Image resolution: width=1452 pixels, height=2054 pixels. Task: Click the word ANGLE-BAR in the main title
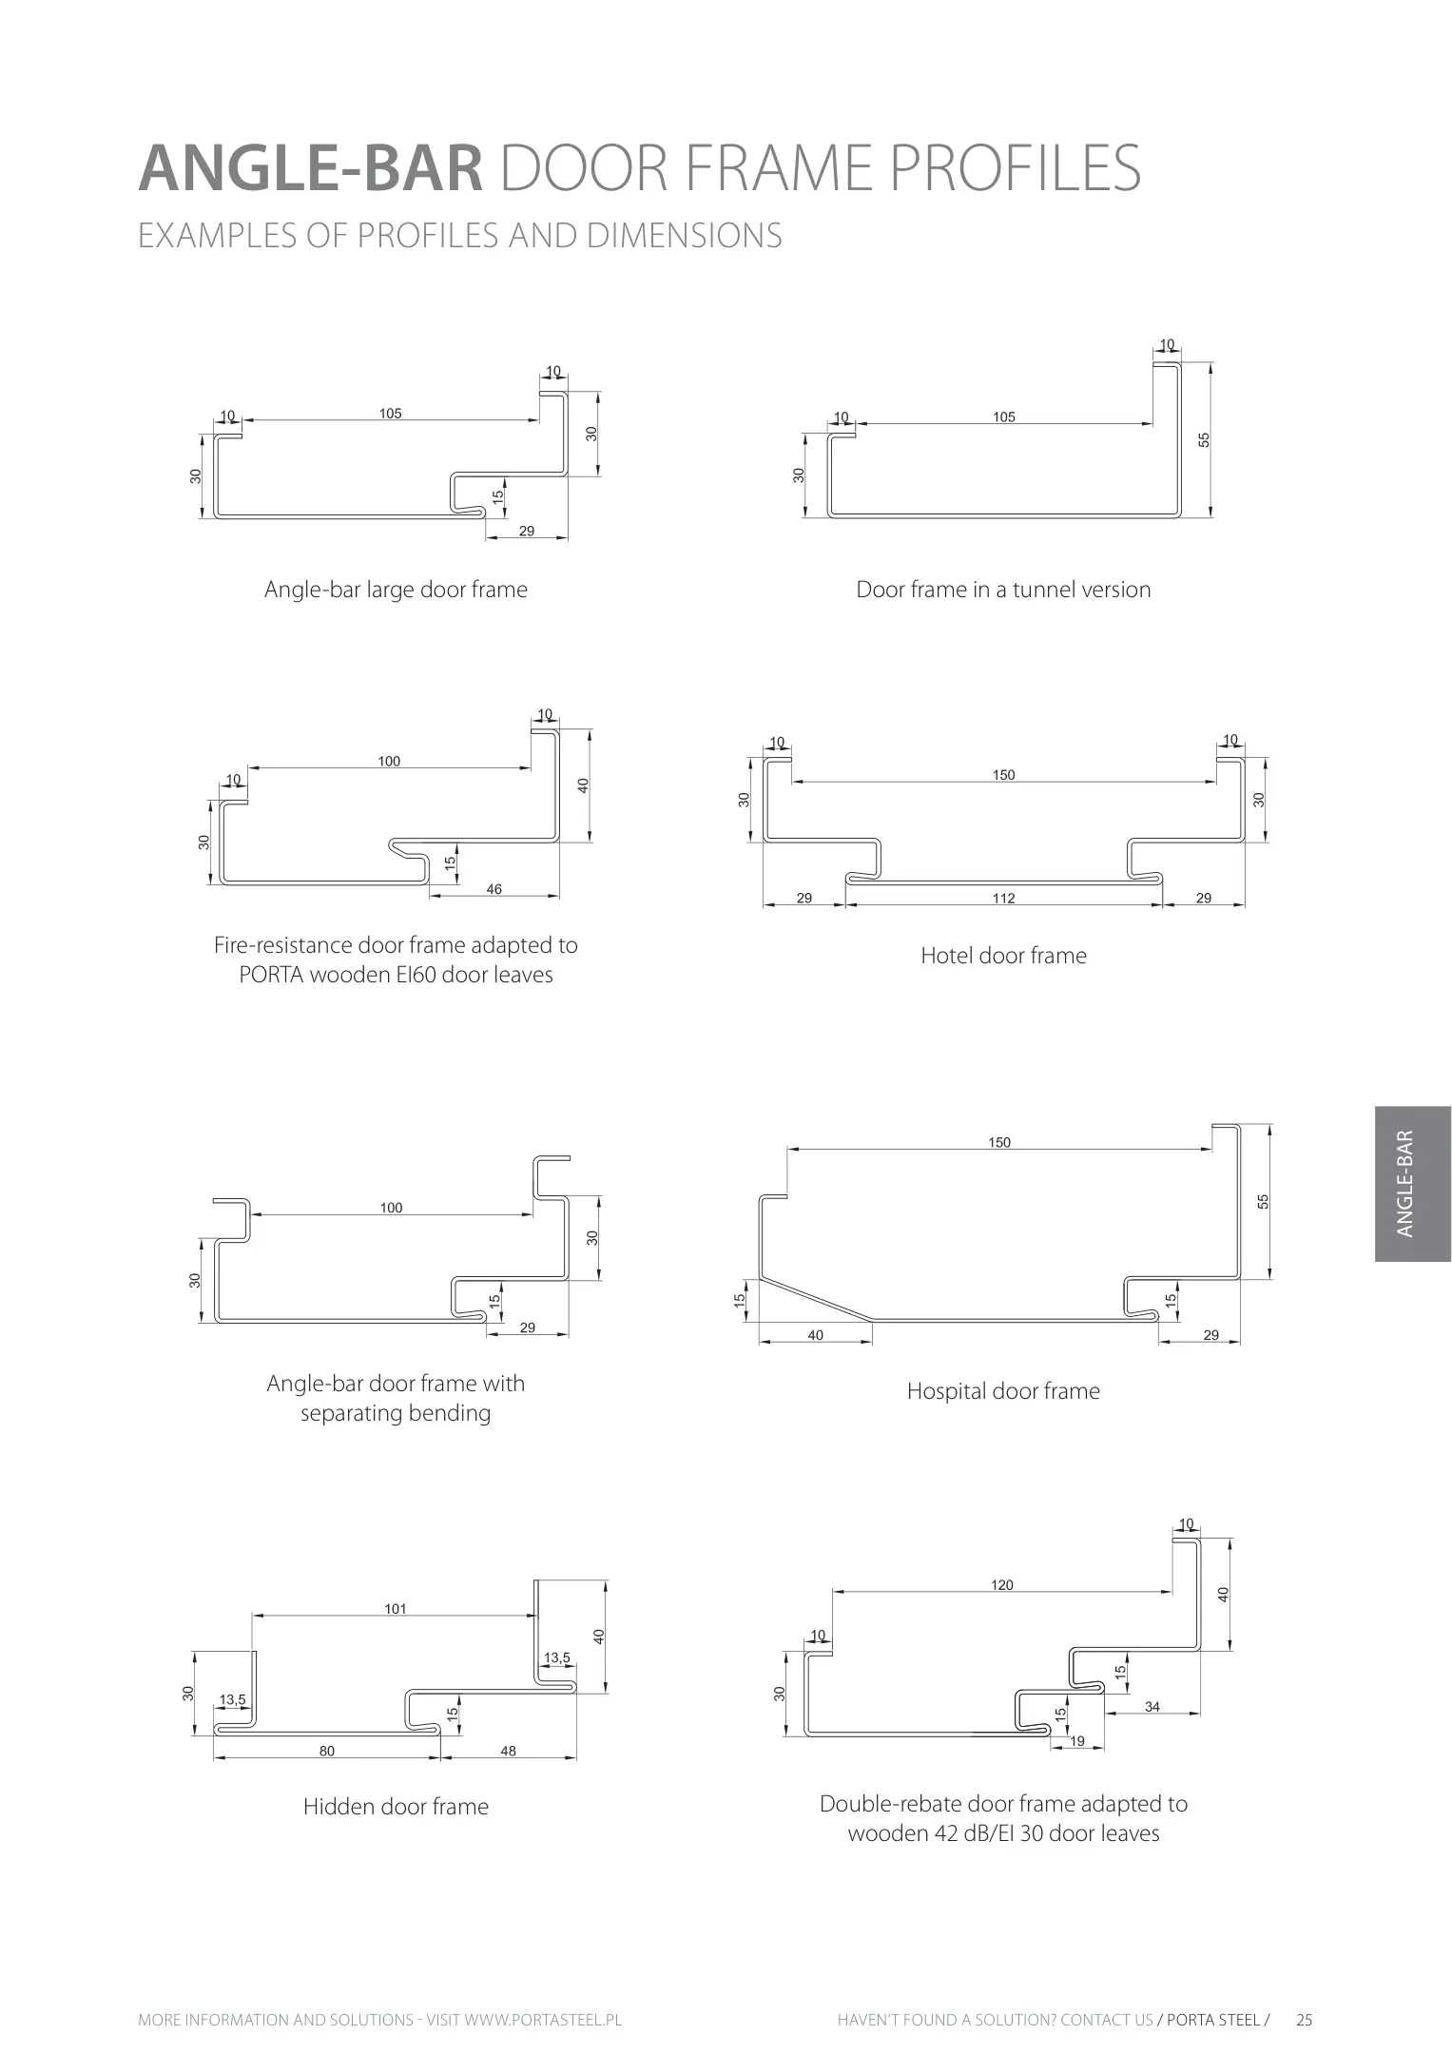coord(311,168)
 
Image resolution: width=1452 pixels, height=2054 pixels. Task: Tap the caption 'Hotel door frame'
coord(1003,956)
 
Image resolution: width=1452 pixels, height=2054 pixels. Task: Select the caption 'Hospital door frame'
coord(1003,1391)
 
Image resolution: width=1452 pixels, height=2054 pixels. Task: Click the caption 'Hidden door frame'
coord(396,1807)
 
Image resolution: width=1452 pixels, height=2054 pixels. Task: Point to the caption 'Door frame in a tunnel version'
coord(1003,590)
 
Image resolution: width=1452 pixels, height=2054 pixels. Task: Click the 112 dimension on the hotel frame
coord(1004,898)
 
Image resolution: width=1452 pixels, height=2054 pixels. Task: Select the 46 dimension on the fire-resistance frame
coord(494,889)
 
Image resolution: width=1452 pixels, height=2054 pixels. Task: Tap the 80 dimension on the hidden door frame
coord(327,1751)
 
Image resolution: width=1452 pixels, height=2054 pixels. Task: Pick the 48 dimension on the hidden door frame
coord(509,1751)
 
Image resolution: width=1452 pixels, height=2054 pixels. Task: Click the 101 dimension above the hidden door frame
coord(396,1609)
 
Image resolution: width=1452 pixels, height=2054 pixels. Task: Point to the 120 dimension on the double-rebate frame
coord(1002,1585)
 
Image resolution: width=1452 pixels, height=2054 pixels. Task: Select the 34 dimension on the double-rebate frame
coord(1152,1707)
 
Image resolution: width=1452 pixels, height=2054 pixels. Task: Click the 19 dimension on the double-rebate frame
coord(1077,1741)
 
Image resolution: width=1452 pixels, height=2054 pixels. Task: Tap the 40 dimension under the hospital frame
coord(816,1335)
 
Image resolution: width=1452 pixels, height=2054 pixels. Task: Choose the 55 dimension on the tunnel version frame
coord(1204,440)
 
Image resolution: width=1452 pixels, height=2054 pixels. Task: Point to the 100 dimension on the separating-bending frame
coord(391,1208)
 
